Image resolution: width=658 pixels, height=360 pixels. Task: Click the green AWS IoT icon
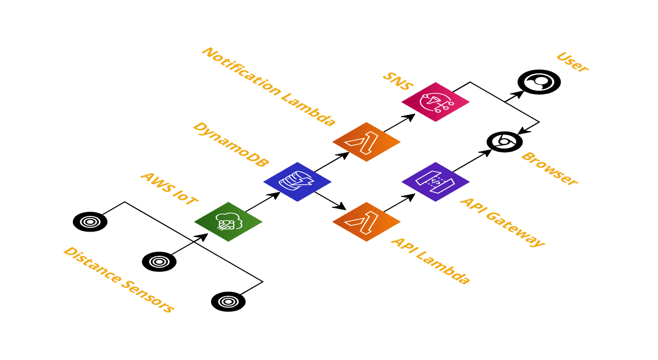pos(228,222)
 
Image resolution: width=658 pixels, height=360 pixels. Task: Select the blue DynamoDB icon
pos(297,182)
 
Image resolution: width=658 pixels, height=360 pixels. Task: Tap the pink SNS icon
pos(436,102)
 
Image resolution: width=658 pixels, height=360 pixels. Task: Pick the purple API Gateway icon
pos(436,182)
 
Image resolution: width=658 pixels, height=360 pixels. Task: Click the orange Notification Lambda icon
pos(367,142)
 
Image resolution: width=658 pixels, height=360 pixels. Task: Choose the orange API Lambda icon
pos(367,222)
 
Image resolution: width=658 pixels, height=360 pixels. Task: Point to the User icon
pos(539,81)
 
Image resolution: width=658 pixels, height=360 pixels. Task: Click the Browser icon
pos(505,141)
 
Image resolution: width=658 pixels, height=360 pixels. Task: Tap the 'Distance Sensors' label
pos(119,280)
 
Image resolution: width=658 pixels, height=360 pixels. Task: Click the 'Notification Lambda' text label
pos(268,86)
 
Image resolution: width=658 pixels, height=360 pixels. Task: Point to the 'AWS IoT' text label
pos(168,188)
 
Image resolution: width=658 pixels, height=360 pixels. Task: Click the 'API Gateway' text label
pos(501,222)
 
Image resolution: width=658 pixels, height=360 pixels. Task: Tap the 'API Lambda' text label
pos(430,260)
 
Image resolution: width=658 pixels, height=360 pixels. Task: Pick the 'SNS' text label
pos(397,81)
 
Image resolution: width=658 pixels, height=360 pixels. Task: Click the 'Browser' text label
pos(549,169)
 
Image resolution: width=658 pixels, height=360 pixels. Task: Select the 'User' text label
pos(572,62)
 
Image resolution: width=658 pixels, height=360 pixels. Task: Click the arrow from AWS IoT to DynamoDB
pos(263,202)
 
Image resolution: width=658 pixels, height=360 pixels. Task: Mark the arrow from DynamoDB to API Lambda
pos(330,200)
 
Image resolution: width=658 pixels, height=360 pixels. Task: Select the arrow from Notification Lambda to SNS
pos(399,123)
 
